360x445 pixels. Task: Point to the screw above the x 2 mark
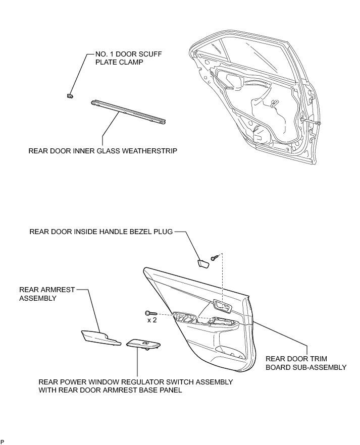(x=149, y=313)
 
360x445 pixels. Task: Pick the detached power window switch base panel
(x=144, y=344)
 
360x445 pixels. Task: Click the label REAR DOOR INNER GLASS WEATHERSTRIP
(x=102, y=150)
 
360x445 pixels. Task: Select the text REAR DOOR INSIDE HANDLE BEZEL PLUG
(x=101, y=232)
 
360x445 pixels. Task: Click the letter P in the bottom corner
(x=3, y=442)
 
